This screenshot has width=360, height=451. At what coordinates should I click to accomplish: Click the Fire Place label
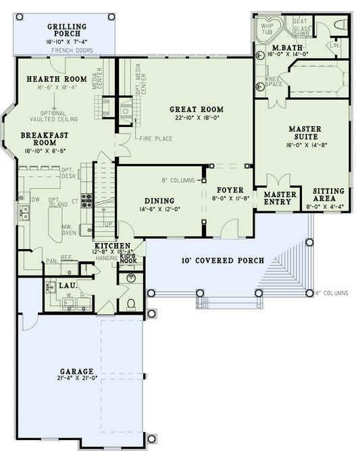pyautogui.click(x=155, y=139)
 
